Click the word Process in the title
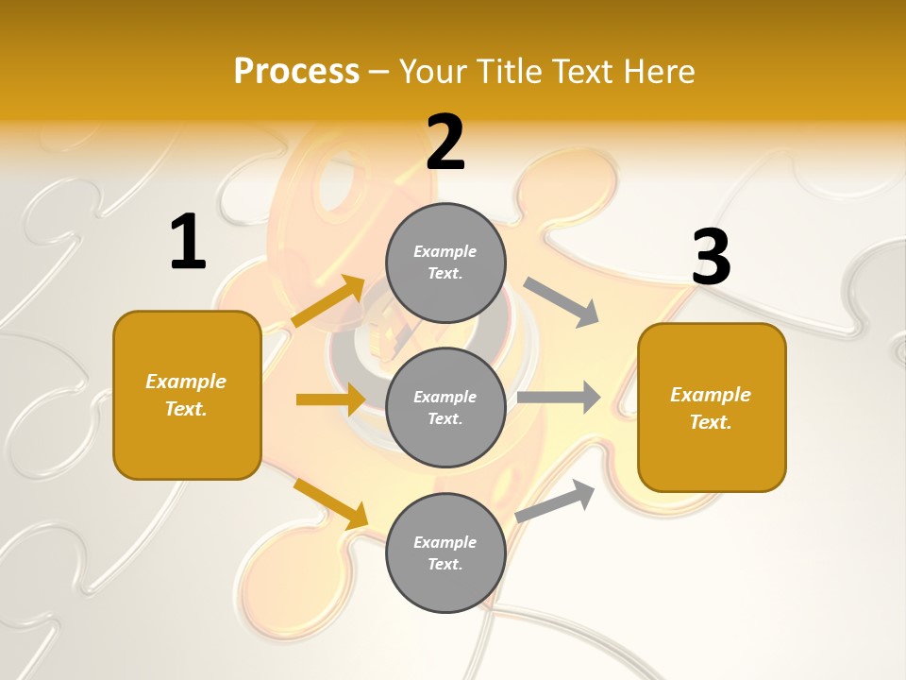coord(296,72)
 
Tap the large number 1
coord(188,242)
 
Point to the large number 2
coord(445,143)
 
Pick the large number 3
coord(711,257)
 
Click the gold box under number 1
coord(187,395)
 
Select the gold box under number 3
coord(712,408)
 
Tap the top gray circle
coord(445,263)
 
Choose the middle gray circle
coord(445,407)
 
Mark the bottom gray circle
coord(445,552)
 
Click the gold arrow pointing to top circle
coord(328,301)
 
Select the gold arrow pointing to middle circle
coord(330,399)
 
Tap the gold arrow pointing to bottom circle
coord(330,503)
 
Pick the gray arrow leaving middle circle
coord(559,397)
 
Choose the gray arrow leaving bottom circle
coord(556,501)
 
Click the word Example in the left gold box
coord(186,382)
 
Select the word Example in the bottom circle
coord(445,542)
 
